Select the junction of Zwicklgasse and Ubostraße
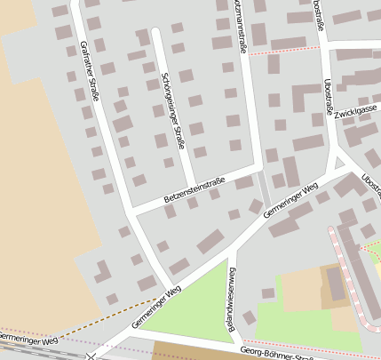(x=332, y=119)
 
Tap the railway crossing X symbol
(x=91, y=356)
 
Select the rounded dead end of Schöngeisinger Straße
(x=155, y=32)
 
